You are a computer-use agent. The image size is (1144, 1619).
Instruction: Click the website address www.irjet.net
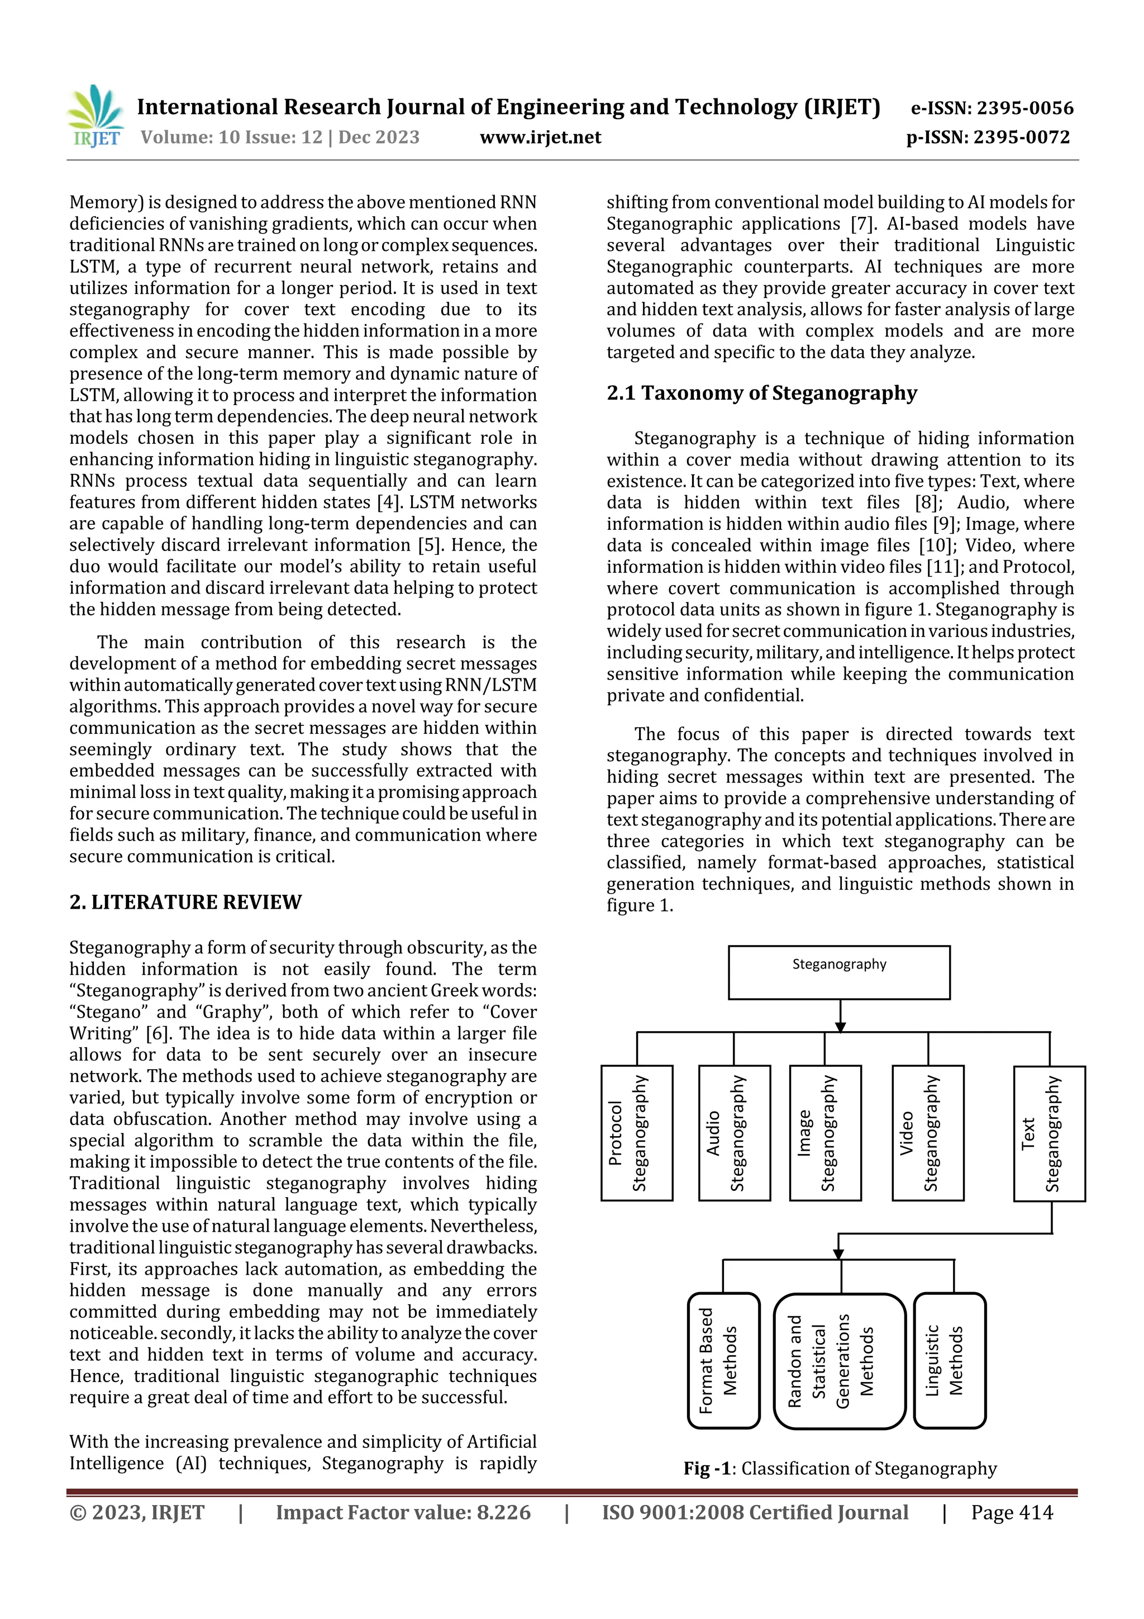coord(540,137)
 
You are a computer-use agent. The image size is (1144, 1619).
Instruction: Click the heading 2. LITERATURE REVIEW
coord(185,902)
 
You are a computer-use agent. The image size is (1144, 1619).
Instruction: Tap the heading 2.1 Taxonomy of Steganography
coord(761,393)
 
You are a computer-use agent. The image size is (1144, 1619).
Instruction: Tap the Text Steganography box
coord(1049,1133)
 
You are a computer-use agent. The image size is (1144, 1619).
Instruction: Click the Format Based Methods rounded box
coord(723,1360)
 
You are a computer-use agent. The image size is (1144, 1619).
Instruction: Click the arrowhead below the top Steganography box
coord(840,1026)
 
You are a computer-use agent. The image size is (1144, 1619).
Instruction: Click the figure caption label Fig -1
coord(707,1468)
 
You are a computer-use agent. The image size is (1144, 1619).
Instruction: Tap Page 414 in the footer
coord(1011,1512)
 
